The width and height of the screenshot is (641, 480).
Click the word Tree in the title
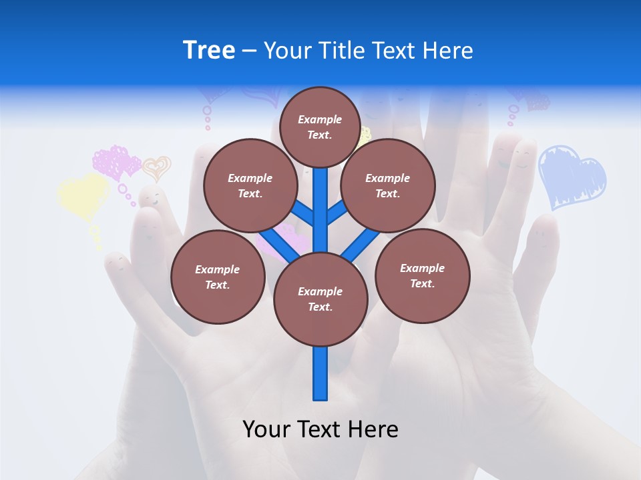[209, 51]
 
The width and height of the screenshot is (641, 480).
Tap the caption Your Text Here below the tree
[320, 429]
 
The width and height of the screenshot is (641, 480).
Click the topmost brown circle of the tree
[320, 127]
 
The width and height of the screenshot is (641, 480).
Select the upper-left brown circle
[250, 185]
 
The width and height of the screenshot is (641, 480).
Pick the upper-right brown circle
[388, 185]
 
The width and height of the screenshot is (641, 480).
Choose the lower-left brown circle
[218, 277]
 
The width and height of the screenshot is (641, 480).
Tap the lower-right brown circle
[422, 275]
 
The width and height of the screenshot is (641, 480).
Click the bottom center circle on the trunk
[320, 299]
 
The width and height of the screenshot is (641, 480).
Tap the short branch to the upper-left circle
[302, 213]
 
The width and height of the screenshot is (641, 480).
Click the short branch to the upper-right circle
[338, 211]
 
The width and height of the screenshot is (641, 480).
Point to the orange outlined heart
[157, 168]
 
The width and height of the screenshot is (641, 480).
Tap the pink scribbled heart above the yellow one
[117, 162]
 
